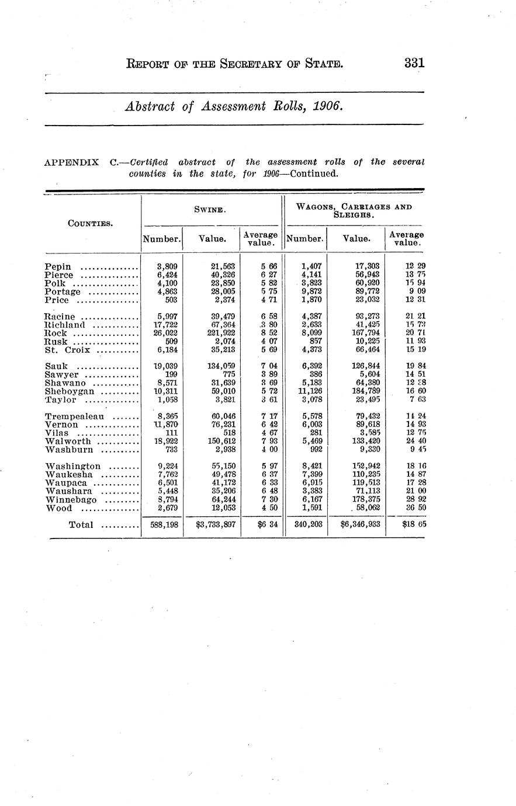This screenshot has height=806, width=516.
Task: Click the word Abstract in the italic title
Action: pyautogui.click(x=149, y=106)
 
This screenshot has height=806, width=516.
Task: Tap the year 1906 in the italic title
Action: pyautogui.click(x=323, y=106)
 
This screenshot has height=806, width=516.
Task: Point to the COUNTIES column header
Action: pyautogui.click(x=91, y=223)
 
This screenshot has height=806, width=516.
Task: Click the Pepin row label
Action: pyautogui.click(x=58, y=267)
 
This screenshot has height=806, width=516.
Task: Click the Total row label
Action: pyautogui.click(x=81, y=525)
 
